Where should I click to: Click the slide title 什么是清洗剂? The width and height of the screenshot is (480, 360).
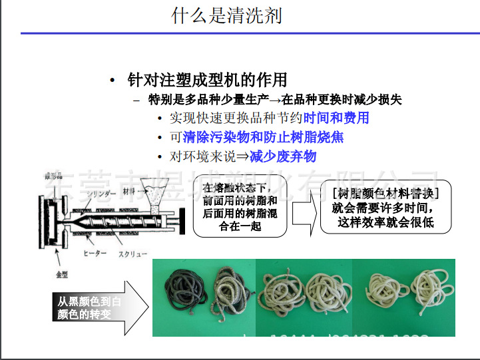tap(226, 15)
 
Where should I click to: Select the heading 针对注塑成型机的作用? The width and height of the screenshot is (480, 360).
tap(207, 81)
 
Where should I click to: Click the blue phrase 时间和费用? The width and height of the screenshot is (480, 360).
tap(336, 118)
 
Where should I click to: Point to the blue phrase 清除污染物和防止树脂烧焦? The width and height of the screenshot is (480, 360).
tap(263, 138)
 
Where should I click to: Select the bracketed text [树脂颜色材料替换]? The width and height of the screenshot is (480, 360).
tap(384, 194)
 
